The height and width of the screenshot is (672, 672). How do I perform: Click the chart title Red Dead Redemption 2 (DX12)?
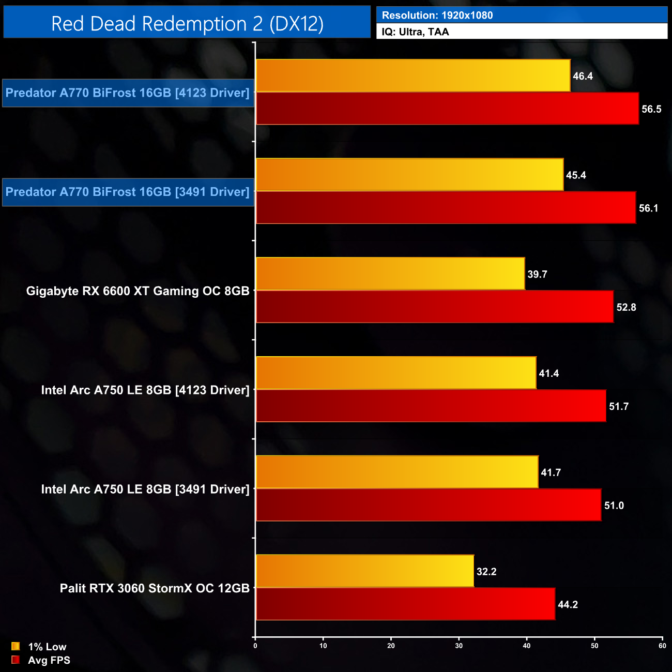[x=187, y=24]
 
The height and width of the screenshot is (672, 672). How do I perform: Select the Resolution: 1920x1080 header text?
[x=437, y=16]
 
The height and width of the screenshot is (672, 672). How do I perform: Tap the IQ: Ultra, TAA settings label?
[x=415, y=32]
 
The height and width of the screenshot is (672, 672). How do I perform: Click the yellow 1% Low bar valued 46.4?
[x=413, y=76]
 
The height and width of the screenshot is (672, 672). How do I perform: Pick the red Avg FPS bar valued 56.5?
[x=447, y=109]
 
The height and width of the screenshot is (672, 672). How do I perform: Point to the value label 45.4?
[x=576, y=175]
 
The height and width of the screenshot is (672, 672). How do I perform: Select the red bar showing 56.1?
[x=446, y=208]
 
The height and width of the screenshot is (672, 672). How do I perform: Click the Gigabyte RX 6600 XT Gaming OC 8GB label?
[x=138, y=291]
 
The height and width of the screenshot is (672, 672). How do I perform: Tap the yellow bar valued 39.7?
[x=390, y=274]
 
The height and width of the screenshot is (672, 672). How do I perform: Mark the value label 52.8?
[x=626, y=308]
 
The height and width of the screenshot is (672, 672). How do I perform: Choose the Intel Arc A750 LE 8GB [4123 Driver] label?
[x=145, y=390]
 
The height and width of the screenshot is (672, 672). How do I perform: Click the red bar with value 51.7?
[x=431, y=406]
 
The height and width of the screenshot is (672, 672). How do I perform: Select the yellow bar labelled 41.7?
[x=397, y=472]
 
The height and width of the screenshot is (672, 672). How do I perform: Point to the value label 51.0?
[x=614, y=506]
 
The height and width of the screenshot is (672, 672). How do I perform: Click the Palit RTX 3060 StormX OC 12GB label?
[x=154, y=588]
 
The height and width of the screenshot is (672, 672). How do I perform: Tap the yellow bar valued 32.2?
[x=365, y=571]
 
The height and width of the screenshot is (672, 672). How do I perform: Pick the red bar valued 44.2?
[x=405, y=604]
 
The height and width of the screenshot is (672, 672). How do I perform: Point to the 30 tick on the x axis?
[x=459, y=646]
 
